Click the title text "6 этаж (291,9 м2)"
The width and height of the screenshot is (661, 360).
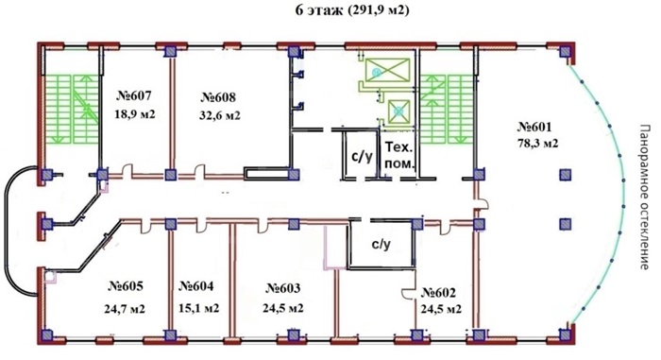coord(352,10)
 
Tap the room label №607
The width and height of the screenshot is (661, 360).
coord(134,95)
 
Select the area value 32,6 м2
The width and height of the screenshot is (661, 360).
coord(220,115)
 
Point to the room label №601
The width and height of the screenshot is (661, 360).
coord(534,127)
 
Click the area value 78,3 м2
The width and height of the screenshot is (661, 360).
coord(537,144)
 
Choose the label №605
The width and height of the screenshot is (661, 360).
coord(126,286)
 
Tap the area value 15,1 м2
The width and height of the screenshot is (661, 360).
coord(198,308)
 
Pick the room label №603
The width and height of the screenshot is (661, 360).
coord(283,288)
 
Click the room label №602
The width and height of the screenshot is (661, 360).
coord(438,293)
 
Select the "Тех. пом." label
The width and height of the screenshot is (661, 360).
coord(398,155)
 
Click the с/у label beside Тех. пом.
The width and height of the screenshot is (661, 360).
coord(362,156)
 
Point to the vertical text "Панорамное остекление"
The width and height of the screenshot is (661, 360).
coord(643,197)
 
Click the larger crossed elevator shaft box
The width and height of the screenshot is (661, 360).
coord(387,70)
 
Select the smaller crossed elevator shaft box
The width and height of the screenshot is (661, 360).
coord(398,111)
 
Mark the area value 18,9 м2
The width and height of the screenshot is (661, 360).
coord(135,114)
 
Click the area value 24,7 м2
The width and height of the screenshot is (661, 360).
coord(125,309)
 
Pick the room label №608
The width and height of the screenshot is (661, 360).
coord(218,97)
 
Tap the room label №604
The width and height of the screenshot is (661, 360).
coord(196,286)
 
